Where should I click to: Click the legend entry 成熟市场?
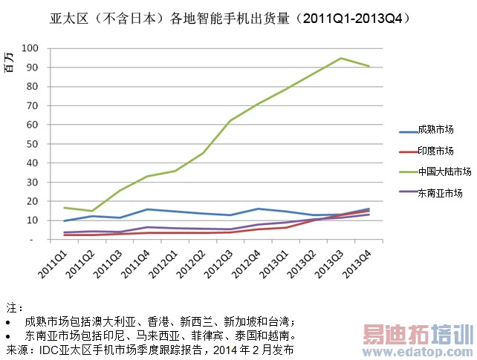[435, 130]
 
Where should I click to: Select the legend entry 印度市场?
[435, 151]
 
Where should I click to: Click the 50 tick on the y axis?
[33, 144]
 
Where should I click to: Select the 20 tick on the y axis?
[33, 201]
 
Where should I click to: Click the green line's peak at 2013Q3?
[341, 59]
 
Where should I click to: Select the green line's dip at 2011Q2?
[91, 211]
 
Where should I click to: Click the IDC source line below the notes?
[149, 348]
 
